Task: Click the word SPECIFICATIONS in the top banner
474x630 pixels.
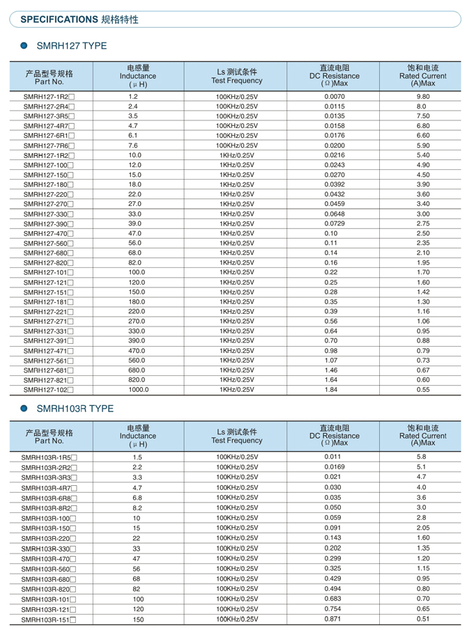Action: tap(59, 19)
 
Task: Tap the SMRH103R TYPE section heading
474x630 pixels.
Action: tap(75, 409)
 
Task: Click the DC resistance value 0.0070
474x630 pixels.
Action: tap(335, 96)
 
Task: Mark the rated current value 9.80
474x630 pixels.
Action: tap(423, 96)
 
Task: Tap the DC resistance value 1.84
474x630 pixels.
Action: tap(331, 390)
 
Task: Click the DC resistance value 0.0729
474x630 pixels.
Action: tap(335, 223)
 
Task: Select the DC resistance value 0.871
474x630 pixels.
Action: tap(333, 619)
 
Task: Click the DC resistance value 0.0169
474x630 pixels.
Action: tap(335, 467)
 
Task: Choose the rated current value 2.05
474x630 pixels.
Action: tap(422, 528)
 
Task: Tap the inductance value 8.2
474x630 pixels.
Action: tap(137, 507)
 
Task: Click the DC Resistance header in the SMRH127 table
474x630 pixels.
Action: tap(335, 76)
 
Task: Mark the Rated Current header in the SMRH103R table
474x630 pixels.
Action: tap(423, 436)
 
